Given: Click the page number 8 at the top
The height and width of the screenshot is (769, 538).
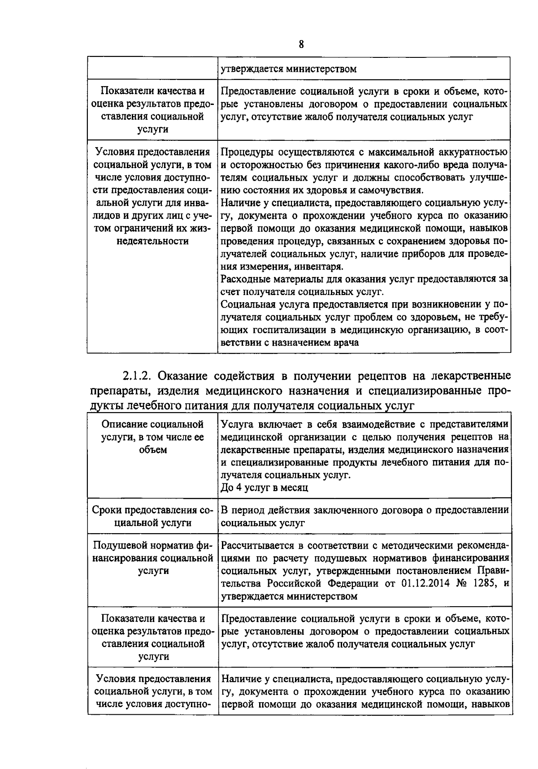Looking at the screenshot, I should [301, 44].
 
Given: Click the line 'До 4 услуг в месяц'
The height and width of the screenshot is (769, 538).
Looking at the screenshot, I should [265, 487].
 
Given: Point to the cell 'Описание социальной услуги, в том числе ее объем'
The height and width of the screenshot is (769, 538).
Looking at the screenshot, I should [152, 437].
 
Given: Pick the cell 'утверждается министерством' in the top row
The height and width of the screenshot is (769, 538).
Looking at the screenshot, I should [289, 69].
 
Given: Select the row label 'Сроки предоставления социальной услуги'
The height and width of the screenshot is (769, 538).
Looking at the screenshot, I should [152, 516].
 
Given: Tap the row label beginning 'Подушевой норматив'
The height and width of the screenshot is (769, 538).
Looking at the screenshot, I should [152, 558].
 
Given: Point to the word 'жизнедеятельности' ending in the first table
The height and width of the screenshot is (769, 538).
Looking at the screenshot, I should [152, 241].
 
